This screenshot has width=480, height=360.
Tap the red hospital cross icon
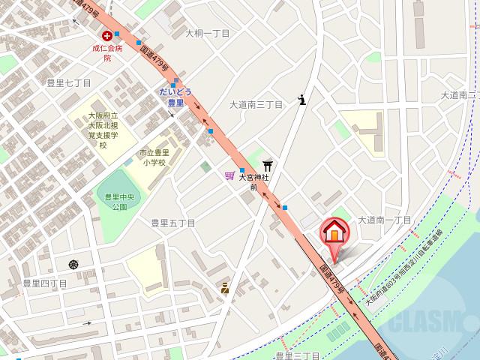point(107,35)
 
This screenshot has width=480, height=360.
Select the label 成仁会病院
point(107,52)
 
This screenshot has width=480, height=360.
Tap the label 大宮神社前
point(253,182)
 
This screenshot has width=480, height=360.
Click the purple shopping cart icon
point(229,175)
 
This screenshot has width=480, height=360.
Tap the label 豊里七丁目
point(68,83)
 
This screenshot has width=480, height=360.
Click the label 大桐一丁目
point(208,33)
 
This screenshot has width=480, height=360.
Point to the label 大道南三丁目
point(256,105)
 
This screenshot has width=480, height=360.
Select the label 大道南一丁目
point(385,220)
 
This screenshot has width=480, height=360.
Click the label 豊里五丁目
point(172,223)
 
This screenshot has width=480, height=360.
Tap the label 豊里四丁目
point(44,283)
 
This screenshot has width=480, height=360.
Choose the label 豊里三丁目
point(298,355)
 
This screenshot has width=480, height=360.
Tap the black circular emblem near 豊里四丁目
point(73,264)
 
